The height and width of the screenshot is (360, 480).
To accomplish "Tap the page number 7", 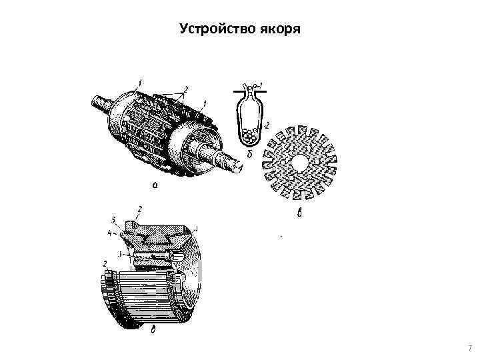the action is click(x=470, y=348).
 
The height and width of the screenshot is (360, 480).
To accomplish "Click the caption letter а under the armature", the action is click(x=155, y=185).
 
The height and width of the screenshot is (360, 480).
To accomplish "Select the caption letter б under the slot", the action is click(x=249, y=154).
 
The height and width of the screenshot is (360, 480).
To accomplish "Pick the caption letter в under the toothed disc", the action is click(x=299, y=213).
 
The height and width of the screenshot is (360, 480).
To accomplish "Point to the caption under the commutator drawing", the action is click(x=153, y=329).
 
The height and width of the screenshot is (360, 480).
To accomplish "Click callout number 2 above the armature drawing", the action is click(x=185, y=90).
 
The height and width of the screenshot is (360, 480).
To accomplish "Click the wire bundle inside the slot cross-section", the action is click(x=250, y=135).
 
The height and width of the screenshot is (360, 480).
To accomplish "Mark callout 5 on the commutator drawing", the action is click(x=113, y=220).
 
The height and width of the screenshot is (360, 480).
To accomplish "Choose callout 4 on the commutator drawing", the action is click(x=109, y=233).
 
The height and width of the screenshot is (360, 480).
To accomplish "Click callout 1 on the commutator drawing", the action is click(x=197, y=228).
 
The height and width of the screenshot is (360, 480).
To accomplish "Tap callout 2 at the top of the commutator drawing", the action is click(x=139, y=209).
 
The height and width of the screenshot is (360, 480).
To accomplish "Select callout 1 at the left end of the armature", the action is click(x=140, y=83).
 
